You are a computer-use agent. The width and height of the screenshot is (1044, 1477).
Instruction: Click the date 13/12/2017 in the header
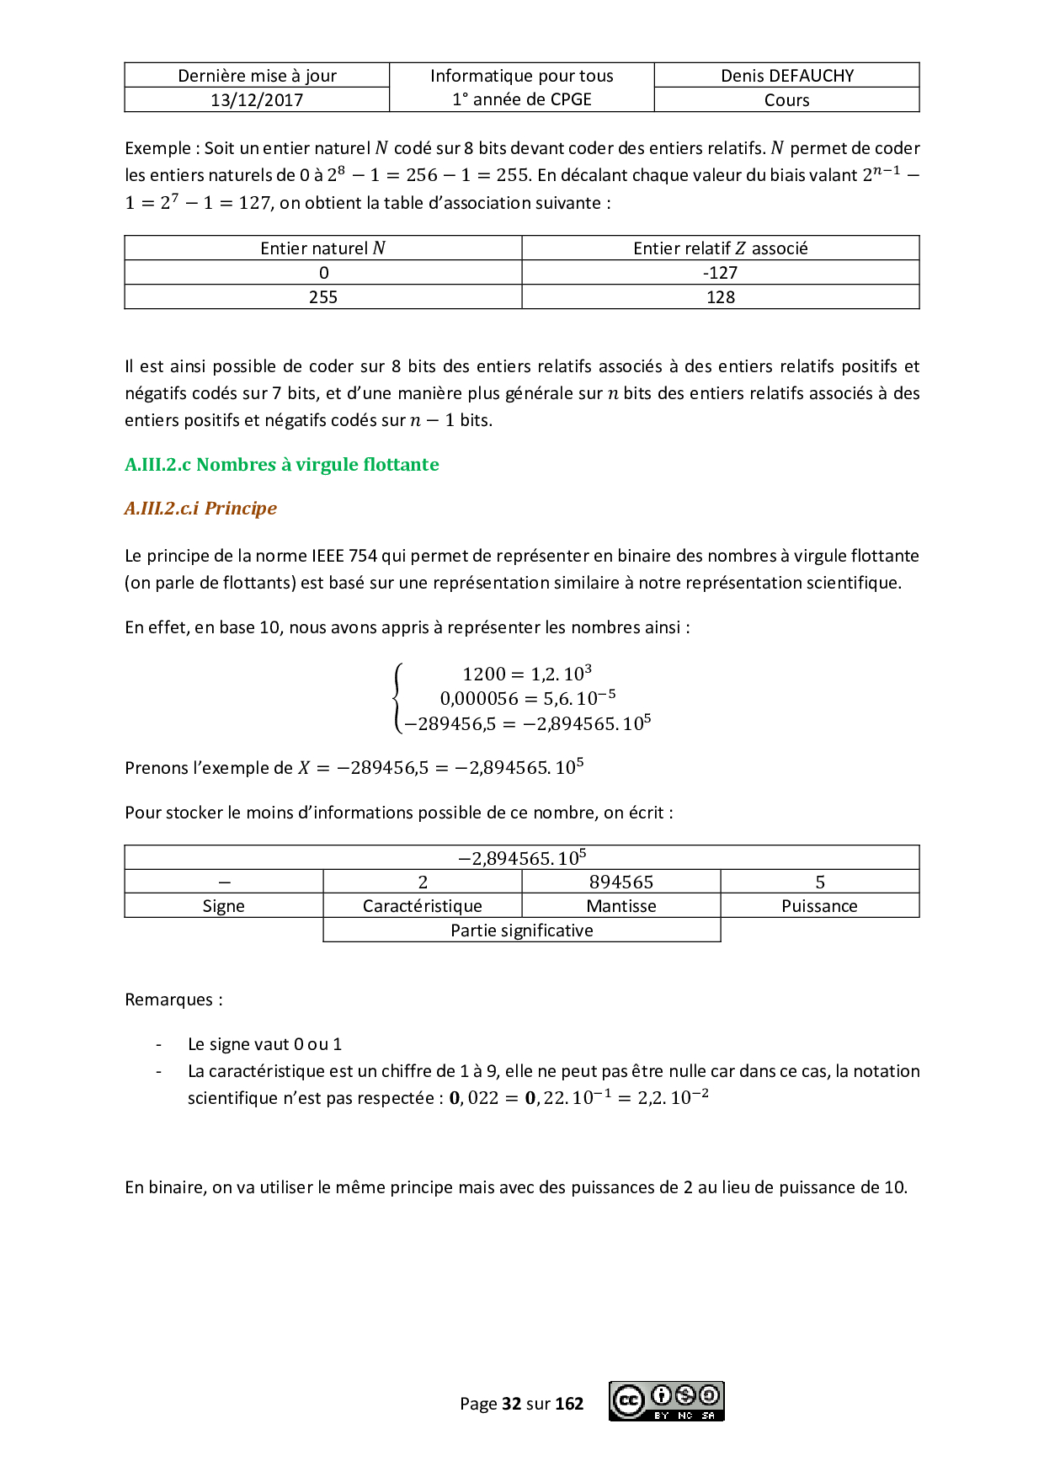257,100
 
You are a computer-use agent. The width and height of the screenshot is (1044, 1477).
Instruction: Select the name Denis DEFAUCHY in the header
786,76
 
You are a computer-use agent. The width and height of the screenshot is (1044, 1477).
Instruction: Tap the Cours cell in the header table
786,100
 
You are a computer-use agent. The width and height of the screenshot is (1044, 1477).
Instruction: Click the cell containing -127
720,273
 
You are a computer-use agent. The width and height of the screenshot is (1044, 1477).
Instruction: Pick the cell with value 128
720,297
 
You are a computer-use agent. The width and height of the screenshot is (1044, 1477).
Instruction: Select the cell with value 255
323,297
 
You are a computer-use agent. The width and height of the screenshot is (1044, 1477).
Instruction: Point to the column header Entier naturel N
323,248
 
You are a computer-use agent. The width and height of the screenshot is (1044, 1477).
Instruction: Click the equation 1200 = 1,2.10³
526,674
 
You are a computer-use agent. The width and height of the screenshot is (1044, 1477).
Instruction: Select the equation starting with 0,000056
527,698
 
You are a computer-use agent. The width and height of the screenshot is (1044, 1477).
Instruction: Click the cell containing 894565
621,882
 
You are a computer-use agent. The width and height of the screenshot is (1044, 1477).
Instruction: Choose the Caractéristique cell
423,906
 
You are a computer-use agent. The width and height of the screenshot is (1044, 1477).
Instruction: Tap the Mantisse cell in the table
621,906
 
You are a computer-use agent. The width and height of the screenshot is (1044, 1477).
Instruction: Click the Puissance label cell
819,906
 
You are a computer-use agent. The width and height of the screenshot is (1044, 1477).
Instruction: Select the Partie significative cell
522,930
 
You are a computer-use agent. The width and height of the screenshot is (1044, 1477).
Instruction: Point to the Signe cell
224,906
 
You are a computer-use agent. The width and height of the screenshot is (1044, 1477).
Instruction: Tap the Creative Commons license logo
667,1401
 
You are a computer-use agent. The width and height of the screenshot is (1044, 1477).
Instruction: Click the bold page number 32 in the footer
511,1404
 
